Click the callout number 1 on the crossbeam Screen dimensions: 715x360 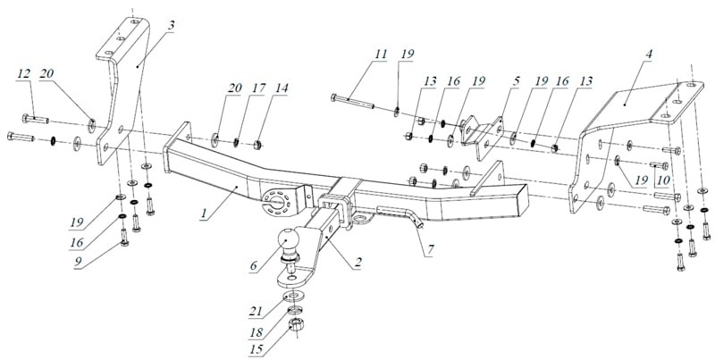[x=204, y=213]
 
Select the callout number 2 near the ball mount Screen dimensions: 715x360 [x=358, y=263]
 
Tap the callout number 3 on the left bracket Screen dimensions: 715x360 [x=171, y=26]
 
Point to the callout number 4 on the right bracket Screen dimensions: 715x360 [x=649, y=54]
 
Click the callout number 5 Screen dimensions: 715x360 [x=516, y=81]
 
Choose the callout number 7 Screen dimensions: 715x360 [x=431, y=249]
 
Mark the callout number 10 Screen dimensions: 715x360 [x=663, y=181]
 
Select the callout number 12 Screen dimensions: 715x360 [x=24, y=73]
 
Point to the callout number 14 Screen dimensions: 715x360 [x=282, y=88]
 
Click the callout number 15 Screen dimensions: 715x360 [x=256, y=351]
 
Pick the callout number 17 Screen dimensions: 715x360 [x=257, y=88]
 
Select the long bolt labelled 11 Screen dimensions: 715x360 [x=353, y=102]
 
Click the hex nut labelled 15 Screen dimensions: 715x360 [x=297, y=325]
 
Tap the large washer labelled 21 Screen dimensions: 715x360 [x=294, y=295]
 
